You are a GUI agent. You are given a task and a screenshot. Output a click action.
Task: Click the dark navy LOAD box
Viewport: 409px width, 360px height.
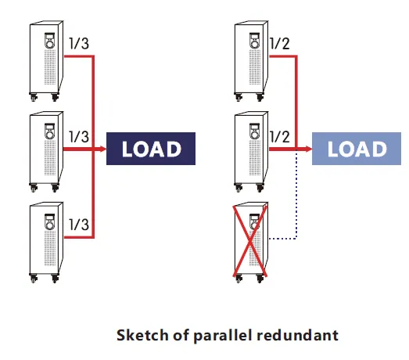(x=151, y=149)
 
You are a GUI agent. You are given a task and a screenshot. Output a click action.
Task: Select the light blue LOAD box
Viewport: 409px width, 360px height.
(x=357, y=149)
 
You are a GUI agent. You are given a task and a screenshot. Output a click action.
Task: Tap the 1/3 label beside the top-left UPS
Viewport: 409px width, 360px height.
(x=79, y=43)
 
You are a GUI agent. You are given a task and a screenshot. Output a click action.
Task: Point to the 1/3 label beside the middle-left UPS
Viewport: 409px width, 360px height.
(x=79, y=136)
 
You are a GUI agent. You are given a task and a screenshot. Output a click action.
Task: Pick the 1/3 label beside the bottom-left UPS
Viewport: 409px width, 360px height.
(x=79, y=225)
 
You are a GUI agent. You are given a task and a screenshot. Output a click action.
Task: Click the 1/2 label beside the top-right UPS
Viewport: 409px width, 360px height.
(x=280, y=43)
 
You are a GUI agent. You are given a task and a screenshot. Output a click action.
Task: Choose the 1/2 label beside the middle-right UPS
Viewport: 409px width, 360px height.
(x=280, y=136)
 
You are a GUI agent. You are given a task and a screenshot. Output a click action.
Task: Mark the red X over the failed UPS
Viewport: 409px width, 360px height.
(x=250, y=241)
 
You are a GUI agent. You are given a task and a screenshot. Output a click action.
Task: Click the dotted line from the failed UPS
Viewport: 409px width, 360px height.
(x=296, y=203)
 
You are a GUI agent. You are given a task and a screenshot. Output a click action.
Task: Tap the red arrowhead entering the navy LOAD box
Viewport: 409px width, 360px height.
(x=103, y=149)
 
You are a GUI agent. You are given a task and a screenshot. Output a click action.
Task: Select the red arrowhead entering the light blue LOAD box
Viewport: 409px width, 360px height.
(x=309, y=149)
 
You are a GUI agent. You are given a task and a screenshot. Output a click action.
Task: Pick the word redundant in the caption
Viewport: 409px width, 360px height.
(x=298, y=335)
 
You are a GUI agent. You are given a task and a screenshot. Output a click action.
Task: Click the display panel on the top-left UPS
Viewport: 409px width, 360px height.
(x=50, y=37)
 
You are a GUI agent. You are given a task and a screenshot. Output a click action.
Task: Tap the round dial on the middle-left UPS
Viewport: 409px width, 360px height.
(x=49, y=135)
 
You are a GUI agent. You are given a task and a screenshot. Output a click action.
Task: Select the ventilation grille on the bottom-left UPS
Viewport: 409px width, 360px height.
(x=50, y=248)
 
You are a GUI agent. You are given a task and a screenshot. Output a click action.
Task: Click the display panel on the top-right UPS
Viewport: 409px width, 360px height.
(x=255, y=37)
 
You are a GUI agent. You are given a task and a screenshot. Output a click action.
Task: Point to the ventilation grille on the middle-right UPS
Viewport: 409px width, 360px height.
(x=255, y=157)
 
